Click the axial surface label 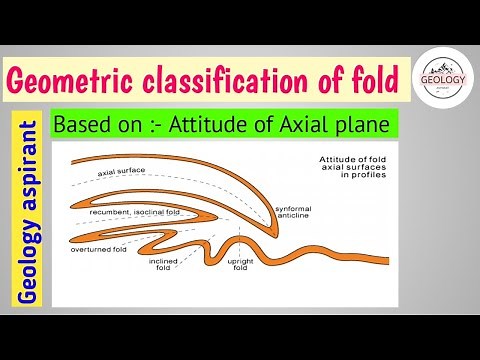[x=122, y=172]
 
